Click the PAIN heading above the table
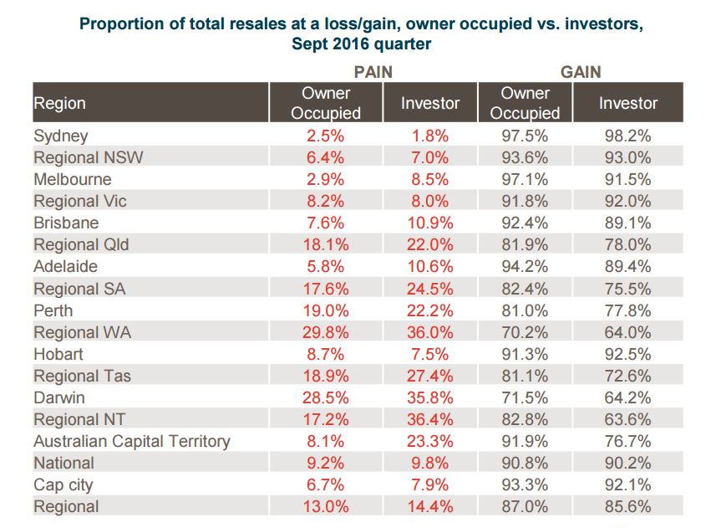373,72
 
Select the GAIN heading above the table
581,72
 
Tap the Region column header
59,104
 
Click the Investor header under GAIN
628,104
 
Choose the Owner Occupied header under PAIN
326,103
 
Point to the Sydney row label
60,136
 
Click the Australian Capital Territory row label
131,441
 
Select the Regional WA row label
82,332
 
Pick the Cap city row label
63,484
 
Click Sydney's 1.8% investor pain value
430,136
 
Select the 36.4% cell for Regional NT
430,419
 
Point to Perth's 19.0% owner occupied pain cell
326,310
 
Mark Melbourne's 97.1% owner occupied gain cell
525,179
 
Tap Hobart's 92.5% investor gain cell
628,354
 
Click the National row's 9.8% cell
430,463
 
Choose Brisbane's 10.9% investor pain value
430,223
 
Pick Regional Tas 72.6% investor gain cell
628,376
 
